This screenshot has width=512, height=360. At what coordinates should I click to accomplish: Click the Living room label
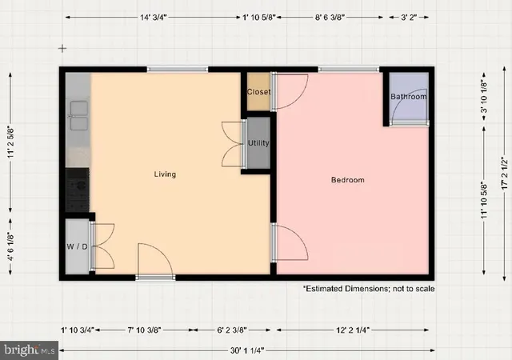click(166, 174)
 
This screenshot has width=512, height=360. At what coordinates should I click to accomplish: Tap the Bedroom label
click(348, 180)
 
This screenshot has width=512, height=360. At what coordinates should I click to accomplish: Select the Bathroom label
click(409, 98)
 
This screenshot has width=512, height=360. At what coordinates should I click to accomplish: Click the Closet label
click(258, 92)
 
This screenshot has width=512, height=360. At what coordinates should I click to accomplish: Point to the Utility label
click(258, 143)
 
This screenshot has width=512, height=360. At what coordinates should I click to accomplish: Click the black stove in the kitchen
click(78, 188)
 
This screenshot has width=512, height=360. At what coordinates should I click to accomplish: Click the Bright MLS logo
click(30, 350)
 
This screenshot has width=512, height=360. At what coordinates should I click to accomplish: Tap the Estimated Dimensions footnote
click(368, 288)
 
